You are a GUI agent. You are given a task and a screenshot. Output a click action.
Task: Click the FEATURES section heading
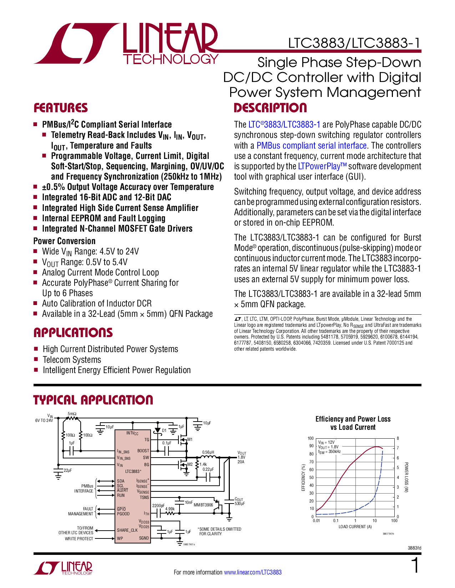tap(60, 108)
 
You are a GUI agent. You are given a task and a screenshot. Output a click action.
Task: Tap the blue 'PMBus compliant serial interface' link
tap(312, 145)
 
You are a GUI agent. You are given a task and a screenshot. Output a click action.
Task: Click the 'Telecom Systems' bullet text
tap(72, 360)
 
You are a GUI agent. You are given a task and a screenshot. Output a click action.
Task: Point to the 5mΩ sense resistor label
tap(72, 414)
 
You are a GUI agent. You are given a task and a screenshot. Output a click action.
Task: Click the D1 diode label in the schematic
tap(164, 430)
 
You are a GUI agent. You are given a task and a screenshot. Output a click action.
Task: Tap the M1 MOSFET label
tap(190, 439)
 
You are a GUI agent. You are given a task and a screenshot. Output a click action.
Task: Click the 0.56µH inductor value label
tap(208, 452)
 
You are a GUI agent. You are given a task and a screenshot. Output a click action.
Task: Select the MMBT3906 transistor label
tap(203, 505)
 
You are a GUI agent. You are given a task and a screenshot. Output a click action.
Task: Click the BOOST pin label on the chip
tap(143, 451)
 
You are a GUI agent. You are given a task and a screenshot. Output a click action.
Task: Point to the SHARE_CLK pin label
tap(127, 530)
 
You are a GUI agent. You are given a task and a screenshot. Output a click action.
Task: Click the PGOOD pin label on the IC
tap(123, 514)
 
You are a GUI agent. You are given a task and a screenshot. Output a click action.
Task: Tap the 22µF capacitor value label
tap(68, 470)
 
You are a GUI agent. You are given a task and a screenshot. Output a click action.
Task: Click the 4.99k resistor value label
tap(170, 509)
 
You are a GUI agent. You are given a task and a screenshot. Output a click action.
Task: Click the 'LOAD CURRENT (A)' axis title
tap(355, 527)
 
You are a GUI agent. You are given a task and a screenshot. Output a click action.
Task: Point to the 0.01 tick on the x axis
tap(316, 521)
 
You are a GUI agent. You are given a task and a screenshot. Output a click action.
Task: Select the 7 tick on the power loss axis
tap(398, 448)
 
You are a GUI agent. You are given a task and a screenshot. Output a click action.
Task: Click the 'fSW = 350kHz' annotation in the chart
tap(329, 452)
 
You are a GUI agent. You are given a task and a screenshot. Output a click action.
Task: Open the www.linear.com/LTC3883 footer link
tap(253, 572)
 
